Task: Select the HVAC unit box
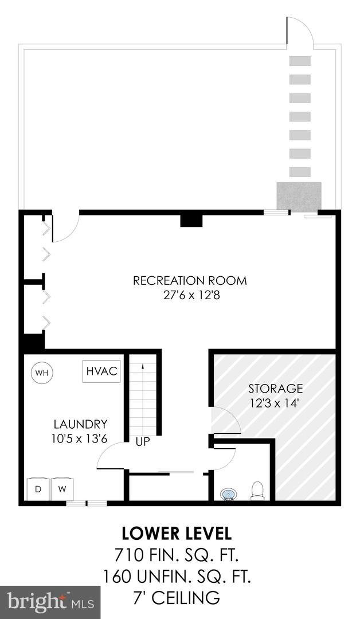coord(102,371)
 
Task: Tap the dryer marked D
coord(38,489)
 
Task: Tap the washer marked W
coord(62,489)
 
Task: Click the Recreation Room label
coord(190,281)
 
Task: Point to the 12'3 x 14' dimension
coord(276,403)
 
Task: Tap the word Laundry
coord(80,424)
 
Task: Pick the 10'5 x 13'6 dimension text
coord(79,438)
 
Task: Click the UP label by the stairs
coord(143,441)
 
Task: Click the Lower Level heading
coord(177,534)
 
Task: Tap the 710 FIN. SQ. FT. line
coord(177,556)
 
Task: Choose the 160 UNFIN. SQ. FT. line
coord(177,577)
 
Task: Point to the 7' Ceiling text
coord(177,598)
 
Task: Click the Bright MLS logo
coord(50,602)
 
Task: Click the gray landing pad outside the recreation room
coord(299,197)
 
